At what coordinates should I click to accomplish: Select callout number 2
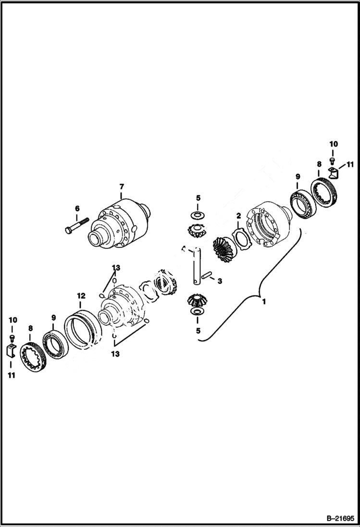[x=238, y=217]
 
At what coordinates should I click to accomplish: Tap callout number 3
[x=220, y=281]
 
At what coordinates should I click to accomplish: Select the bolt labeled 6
[x=77, y=226]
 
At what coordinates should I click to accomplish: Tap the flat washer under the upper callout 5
[x=198, y=213]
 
